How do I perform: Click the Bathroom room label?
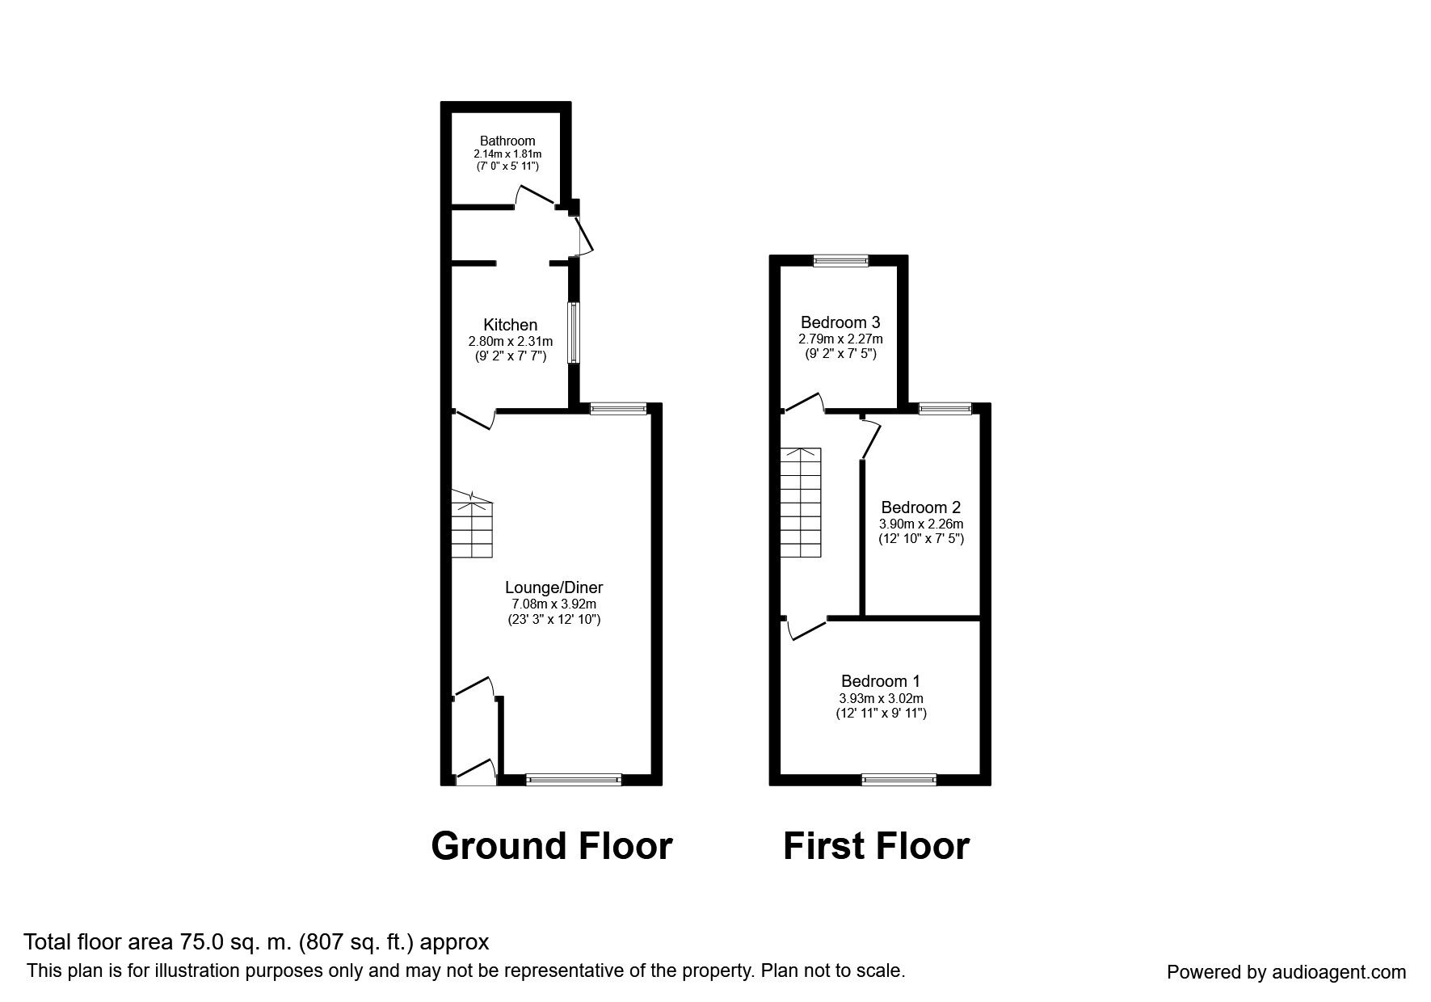507,141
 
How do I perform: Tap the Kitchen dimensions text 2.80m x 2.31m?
511,341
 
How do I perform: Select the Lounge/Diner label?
553,587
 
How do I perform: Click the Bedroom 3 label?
840,322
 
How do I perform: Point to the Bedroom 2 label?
920,507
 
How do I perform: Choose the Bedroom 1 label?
880,681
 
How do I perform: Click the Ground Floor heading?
551,846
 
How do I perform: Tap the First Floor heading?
876,846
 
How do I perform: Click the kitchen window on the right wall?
573,332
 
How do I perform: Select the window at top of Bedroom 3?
840,260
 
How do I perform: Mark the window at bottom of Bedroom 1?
899,779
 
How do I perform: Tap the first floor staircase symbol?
800,503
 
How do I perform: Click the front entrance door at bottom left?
476,773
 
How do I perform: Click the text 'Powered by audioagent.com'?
1286,972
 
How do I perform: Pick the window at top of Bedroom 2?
945,410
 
